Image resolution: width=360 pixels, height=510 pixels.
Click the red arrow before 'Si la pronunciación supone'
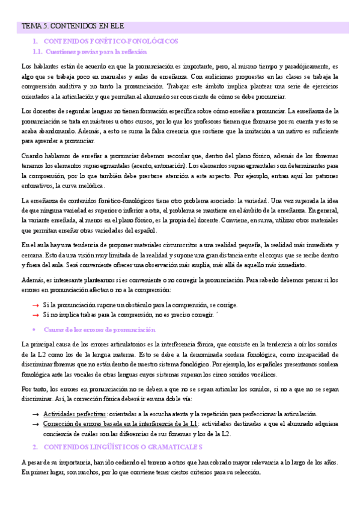(x=35, y=305)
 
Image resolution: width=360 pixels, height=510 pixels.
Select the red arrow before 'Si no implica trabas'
(x=35, y=314)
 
